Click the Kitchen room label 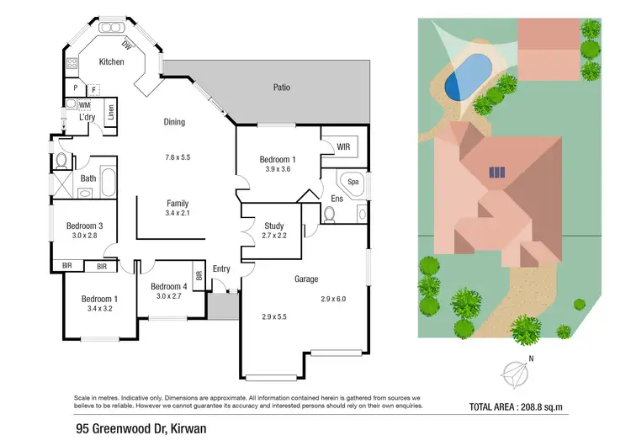click(x=111, y=62)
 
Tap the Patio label click(x=282, y=87)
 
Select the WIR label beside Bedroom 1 click(x=342, y=147)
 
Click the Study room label click(x=273, y=226)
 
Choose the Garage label click(x=305, y=279)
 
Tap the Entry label click(x=221, y=268)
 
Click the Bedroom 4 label click(x=168, y=287)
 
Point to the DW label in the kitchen click(x=127, y=45)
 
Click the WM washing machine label click(x=84, y=105)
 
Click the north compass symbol click(x=514, y=370)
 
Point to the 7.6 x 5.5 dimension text click(x=178, y=157)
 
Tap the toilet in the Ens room click(x=329, y=216)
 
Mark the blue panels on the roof click(x=497, y=172)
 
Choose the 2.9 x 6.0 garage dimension click(x=333, y=299)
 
